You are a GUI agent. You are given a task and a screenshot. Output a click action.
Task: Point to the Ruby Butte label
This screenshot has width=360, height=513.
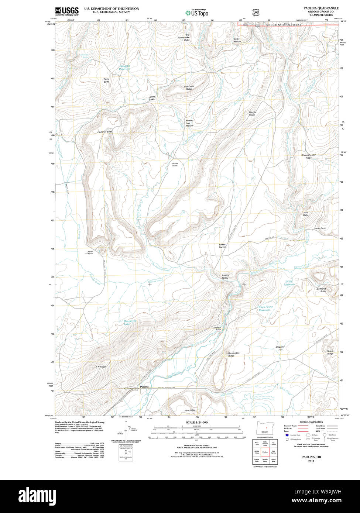106,80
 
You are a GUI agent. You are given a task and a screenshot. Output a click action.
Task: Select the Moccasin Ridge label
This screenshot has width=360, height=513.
189,88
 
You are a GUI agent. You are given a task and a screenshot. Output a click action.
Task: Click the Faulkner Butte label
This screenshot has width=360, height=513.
104,132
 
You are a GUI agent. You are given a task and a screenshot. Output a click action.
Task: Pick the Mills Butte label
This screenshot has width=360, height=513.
306,214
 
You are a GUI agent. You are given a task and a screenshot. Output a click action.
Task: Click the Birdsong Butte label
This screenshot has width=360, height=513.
321,290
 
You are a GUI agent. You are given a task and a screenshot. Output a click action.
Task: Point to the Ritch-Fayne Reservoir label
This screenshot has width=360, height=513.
265,309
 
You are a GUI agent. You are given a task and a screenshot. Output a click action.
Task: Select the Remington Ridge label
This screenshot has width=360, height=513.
233,354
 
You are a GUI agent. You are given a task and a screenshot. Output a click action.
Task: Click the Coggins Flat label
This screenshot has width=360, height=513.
280,348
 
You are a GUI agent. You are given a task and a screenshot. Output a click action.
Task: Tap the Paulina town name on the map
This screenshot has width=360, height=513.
144,386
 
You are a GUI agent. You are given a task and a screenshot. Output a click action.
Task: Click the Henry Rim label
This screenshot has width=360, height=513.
190,410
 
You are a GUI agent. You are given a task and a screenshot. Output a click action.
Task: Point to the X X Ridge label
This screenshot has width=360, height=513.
100,367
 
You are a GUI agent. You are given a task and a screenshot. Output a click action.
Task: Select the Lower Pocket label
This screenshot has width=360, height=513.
222,246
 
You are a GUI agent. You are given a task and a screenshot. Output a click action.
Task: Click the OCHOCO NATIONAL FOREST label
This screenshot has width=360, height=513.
283,25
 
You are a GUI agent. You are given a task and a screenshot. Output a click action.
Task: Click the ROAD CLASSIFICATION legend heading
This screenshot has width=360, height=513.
311,422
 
